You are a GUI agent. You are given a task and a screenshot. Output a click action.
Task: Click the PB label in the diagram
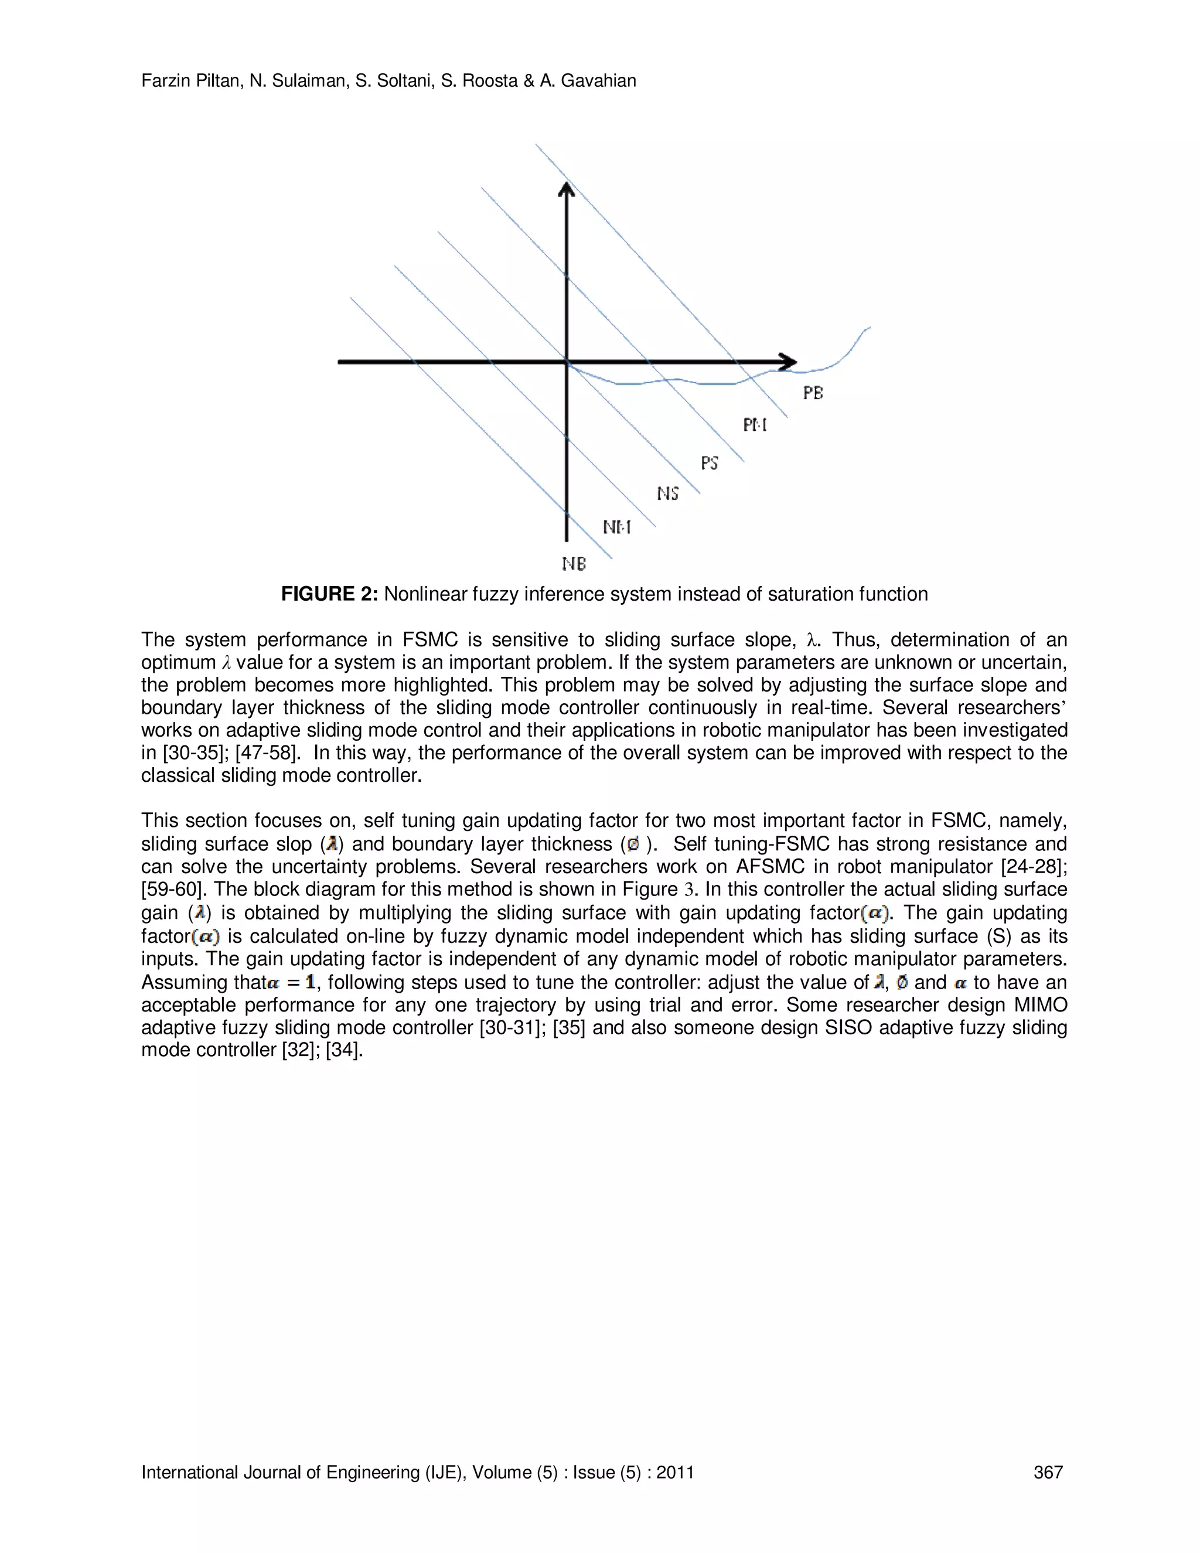pyautogui.click(x=813, y=393)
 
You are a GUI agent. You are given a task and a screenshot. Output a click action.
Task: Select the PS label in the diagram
pyautogui.click(x=710, y=463)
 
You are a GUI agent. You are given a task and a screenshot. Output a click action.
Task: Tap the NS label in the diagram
pyautogui.click(x=667, y=493)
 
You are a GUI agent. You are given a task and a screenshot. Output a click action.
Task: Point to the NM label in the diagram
pyautogui.click(x=616, y=527)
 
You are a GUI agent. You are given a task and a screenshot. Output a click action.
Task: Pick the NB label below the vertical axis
pyautogui.click(x=574, y=564)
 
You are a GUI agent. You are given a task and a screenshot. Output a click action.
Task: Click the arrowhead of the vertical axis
pyautogui.click(x=567, y=190)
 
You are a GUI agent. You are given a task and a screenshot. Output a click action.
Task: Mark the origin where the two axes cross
pyautogui.click(x=567, y=362)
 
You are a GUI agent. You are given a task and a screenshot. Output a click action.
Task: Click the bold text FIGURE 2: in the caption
pyautogui.click(x=329, y=594)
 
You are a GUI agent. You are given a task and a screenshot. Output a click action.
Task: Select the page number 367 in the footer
pyautogui.click(x=1048, y=1472)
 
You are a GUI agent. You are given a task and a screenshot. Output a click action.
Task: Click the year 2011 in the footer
pyautogui.click(x=674, y=1472)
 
